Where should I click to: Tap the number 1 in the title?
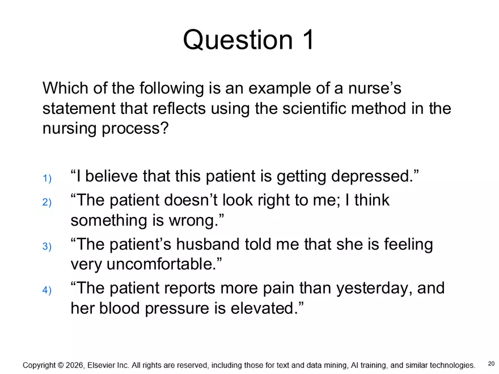(306, 40)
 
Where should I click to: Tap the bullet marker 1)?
(46, 179)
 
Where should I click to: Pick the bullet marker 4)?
(46, 291)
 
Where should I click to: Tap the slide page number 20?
(491, 363)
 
